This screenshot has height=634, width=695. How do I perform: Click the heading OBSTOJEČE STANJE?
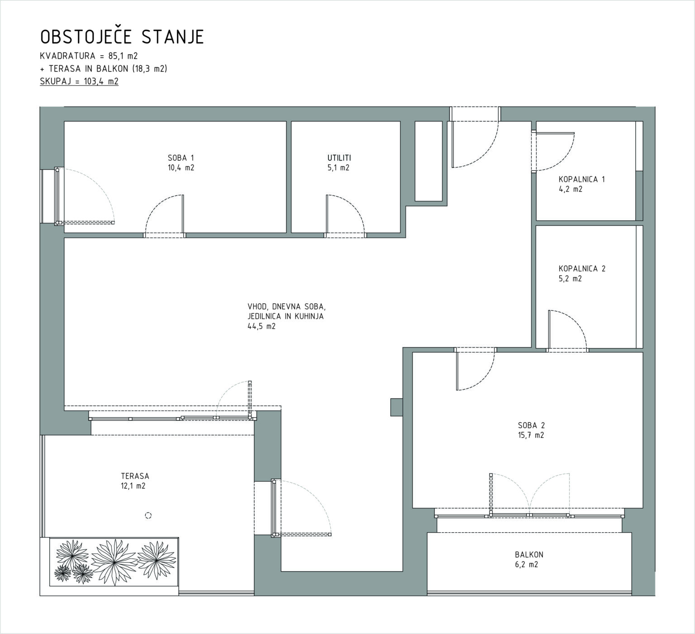122,37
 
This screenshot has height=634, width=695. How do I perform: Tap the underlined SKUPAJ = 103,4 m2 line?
79,81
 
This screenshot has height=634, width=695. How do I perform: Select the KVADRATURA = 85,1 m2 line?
89,56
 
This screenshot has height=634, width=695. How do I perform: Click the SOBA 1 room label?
181,158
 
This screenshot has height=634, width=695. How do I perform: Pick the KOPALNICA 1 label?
582,179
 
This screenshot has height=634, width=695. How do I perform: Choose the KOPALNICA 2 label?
582,269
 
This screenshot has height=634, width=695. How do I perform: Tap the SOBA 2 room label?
531,425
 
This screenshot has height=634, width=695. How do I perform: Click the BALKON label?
529,555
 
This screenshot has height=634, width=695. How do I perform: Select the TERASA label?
135,476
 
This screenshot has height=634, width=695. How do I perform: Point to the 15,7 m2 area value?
531,435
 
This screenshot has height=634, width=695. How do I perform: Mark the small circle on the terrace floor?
148,515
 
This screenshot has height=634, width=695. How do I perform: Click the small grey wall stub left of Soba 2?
396,407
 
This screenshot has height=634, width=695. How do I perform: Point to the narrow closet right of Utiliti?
428,161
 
